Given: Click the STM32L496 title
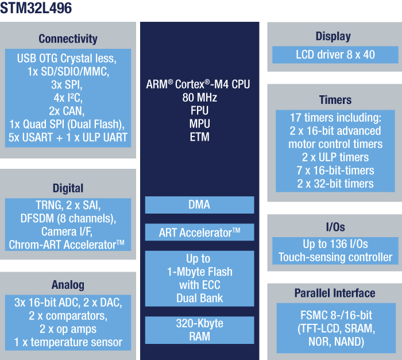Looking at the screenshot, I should click(37, 9).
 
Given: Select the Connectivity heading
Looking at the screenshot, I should click(68, 39).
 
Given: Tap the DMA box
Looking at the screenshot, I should click(199, 204).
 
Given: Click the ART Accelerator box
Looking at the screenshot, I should click(199, 232).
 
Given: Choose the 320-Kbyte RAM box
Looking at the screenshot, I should click(199, 330).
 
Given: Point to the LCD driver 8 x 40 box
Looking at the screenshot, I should click(335, 55).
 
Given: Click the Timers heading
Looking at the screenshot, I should click(335, 100).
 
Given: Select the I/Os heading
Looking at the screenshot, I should click(335, 227).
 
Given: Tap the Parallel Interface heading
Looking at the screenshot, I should click(335, 293).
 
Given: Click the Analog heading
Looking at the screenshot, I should click(68, 285).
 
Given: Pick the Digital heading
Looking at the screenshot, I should click(68, 188).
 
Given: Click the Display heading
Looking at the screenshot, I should click(333, 36).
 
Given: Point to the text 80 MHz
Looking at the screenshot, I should click(199, 97).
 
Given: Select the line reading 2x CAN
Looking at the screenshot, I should click(68, 110).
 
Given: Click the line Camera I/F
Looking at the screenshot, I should click(67, 231).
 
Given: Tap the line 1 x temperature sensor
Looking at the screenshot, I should click(68, 342).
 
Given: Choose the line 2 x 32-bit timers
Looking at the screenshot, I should click(335, 184).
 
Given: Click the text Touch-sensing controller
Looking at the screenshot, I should click(335, 257).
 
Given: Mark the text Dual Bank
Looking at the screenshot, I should click(199, 298).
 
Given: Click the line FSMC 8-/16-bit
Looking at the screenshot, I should click(335, 316).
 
